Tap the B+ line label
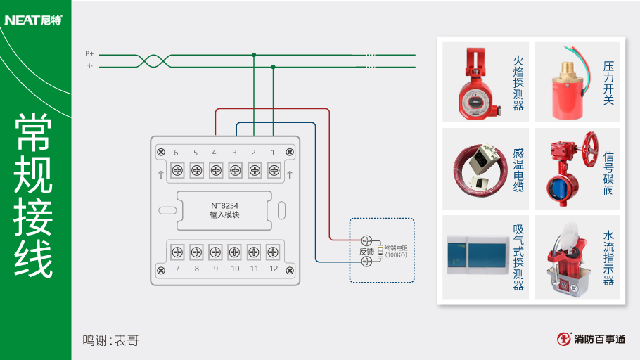click(89, 53)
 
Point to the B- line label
click(89, 66)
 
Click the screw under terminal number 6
click(177, 169)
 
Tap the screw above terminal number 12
click(273, 251)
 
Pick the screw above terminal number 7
click(177, 251)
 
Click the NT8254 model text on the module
click(224, 206)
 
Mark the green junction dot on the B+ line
click(254, 54)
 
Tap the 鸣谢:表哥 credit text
click(110, 340)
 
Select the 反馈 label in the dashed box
click(366, 251)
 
